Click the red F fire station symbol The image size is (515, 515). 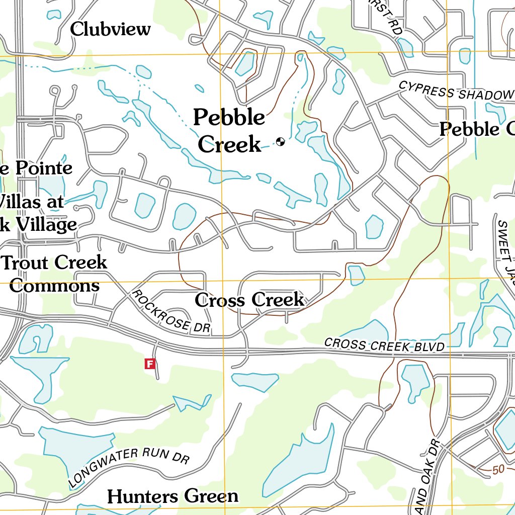149,364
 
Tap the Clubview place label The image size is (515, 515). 110,29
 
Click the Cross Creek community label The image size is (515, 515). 249,300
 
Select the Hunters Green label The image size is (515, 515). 173,496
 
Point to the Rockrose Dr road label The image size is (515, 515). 171,312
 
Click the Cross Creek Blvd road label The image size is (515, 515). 385,345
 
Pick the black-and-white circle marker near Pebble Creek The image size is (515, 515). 280,142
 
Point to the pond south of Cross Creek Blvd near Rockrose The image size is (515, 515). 254,382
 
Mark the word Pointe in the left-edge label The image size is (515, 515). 43,168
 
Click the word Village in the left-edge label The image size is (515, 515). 46,225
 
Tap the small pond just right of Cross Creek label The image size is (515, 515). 356,275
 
